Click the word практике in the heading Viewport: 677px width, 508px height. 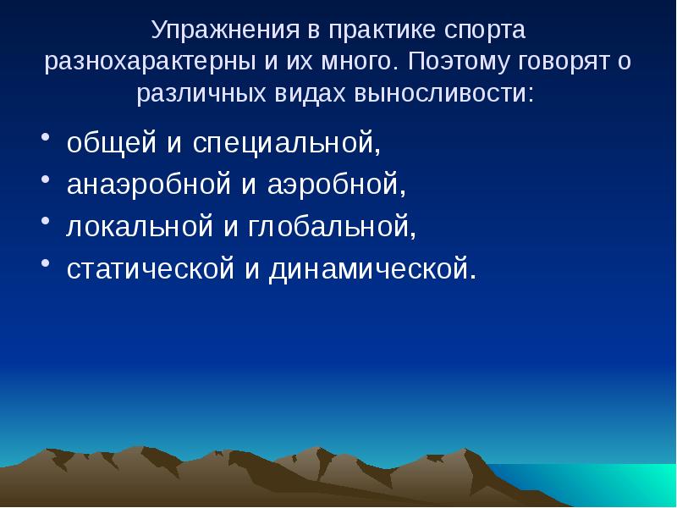click(372, 30)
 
